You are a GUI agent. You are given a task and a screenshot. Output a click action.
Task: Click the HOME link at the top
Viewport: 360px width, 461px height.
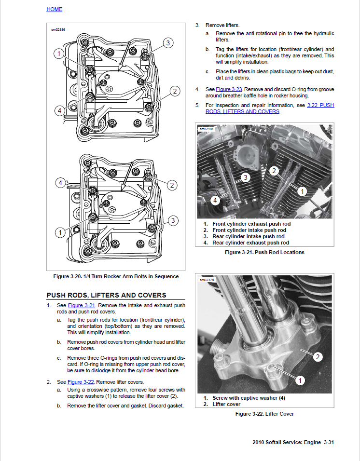pyautogui.click(x=54, y=9)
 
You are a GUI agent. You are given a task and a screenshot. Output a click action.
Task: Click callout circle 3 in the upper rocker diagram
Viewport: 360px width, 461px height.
pyautogui.click(x=167, y=43)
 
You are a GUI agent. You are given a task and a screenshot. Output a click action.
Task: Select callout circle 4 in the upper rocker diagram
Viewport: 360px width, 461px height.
pyautogui.click(x=59, y=110)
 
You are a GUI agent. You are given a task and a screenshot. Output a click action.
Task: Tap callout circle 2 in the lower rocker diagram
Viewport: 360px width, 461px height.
pyautogui.click(x=172, y=185)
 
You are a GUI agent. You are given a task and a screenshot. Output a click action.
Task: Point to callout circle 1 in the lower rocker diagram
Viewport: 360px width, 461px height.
pyautogui.click(x=59, y=232)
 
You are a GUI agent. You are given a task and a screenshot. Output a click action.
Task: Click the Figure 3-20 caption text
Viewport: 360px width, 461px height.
pyautogui.click(x=116, y=276)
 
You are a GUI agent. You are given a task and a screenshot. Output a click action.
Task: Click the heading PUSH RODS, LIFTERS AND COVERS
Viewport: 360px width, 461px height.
pyautogui.click(x=106, y=295)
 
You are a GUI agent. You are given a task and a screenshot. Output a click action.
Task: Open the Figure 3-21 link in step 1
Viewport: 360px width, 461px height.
pyautogui.click(x=82, y=306)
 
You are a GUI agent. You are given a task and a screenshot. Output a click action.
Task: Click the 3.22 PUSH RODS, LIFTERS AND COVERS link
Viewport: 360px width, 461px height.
pyautogui.click(x=270, y=108)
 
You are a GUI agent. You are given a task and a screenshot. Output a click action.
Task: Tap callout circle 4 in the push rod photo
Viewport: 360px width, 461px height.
pyautogui.click(x=215, y=200)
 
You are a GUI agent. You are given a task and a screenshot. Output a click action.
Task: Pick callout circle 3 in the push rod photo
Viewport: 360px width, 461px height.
pyautogui.click(x=245, y=178)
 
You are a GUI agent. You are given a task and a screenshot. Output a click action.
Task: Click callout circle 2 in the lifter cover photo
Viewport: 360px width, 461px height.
pyautogui.click(x=318, y=357)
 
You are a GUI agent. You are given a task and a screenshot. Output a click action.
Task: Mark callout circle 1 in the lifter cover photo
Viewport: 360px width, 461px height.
pyautogui.click(x=299, y=380)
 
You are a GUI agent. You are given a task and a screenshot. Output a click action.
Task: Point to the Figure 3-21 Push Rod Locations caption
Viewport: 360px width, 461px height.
pyautogui.click(x=264, y=252)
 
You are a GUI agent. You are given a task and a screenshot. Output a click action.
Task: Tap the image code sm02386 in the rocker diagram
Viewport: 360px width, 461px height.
pyautogui.click(x=58, y=30)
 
